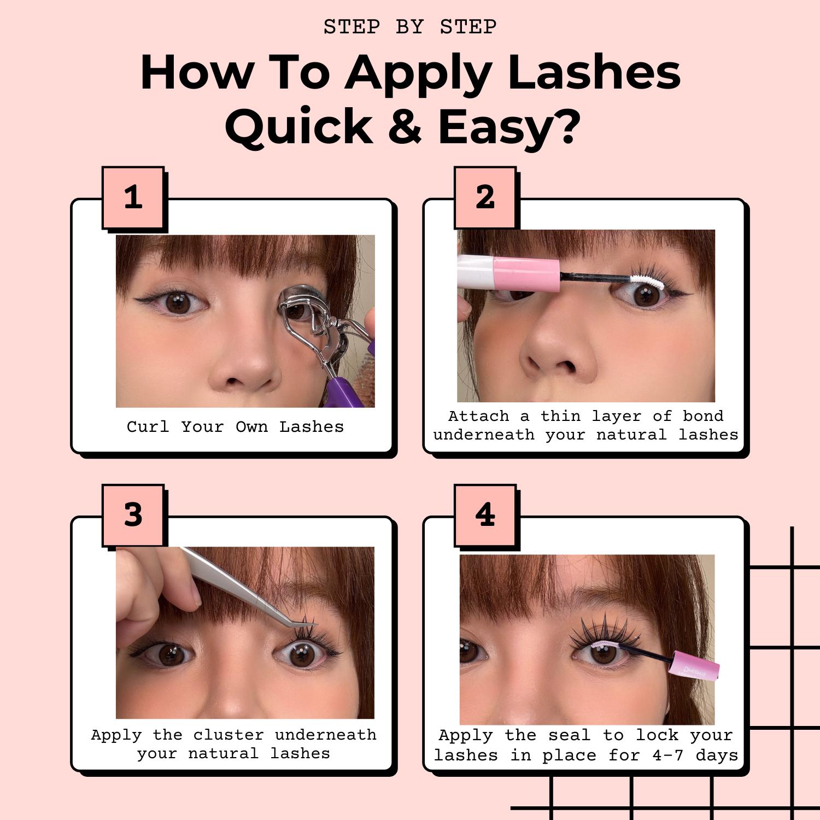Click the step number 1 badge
point(133,197)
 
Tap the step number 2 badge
point(485,197)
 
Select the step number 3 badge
point(133,515)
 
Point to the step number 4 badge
point(485,515)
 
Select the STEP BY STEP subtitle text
point(410,27)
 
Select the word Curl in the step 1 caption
point(148,426)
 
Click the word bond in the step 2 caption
point(703,416)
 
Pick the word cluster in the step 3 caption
point(229,735)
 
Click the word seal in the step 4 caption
point(570,735)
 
